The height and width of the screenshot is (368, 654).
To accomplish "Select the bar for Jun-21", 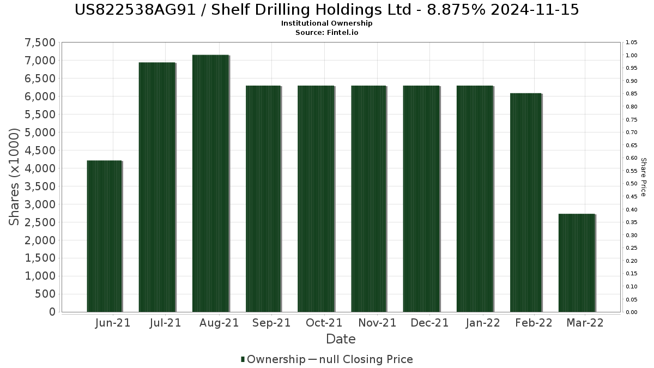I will pos(104,236).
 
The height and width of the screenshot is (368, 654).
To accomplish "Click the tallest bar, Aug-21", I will pos(210,183).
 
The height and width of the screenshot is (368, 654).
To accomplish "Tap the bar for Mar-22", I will pos(577,263).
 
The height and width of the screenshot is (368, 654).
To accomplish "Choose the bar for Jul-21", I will pos(157,187).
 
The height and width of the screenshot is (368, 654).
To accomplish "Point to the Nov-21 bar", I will pos(368,198).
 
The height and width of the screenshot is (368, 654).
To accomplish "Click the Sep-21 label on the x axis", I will pos(271,323).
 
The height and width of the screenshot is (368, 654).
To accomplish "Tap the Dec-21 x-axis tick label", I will pos(429,323).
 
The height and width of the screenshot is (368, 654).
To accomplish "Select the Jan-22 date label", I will pos(483,323).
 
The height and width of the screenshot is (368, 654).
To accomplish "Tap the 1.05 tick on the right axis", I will pos(632,43).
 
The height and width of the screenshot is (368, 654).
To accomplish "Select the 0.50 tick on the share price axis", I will pos(632,184).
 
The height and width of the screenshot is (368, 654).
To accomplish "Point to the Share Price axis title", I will pos(643,177).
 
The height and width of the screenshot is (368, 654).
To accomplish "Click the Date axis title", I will pos(341,339).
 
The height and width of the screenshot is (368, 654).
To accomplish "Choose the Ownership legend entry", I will pos(273,359).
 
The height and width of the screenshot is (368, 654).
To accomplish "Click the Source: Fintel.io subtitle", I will pos(327,32).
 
